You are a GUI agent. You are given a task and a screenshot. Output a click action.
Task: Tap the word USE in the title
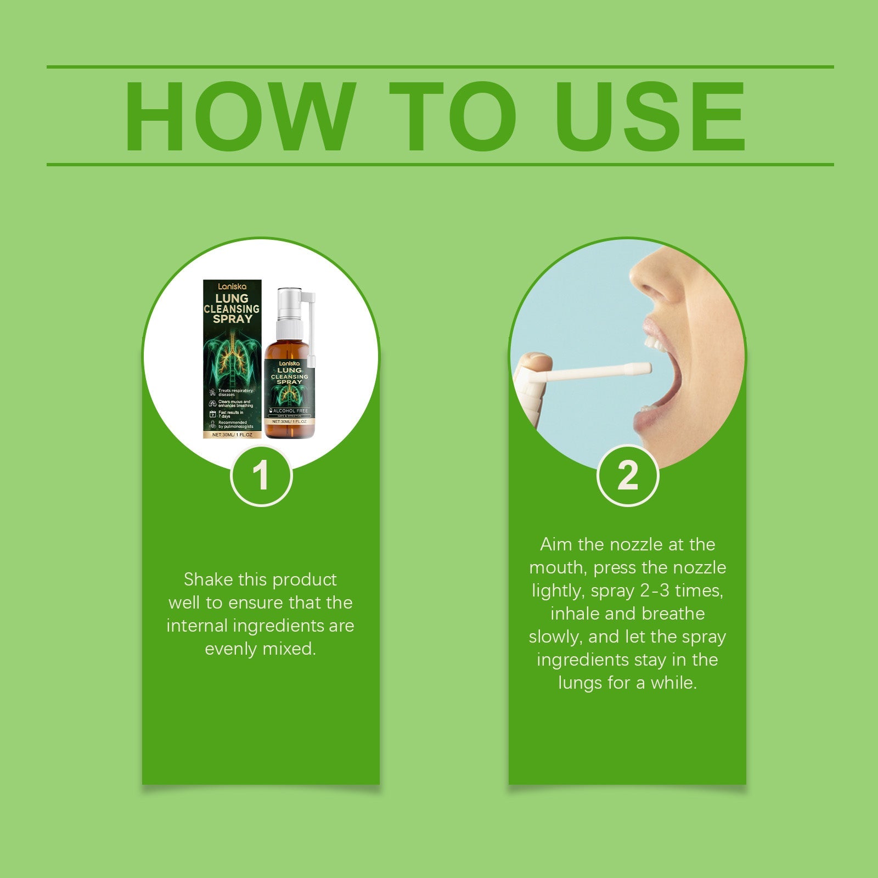(x=650, y=116)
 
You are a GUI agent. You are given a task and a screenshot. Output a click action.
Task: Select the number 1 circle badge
(x=261, y=475)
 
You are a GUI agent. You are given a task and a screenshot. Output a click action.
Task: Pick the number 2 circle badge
(x=627, y=475)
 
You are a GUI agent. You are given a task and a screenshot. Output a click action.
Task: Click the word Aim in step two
(x=556, y=544)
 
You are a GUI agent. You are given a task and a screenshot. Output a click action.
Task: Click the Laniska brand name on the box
(x=232, y=286)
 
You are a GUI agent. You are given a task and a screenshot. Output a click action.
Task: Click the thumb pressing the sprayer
(x=535, y=362)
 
